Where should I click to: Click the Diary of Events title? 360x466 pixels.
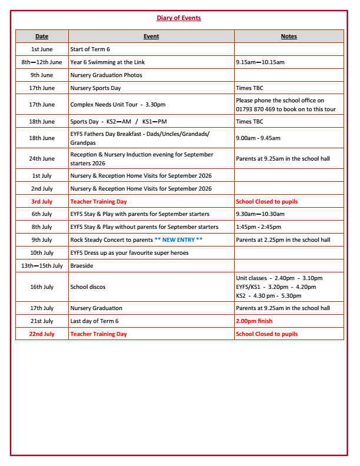pyautogui.click(x=179, y=18)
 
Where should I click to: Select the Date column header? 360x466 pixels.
pyautogui.click(x=42, y=36)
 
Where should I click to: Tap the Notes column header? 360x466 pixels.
pyautogui.click(x=289, y=36)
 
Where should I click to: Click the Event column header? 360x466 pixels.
pyautogui.click(x=151, y=36)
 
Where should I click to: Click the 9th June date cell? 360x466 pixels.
pyautogui.click(x=42, y=75)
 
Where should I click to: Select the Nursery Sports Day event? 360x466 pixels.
pyautogui.click(x=95, y=88)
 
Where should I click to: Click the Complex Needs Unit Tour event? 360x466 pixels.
pyautogui.click(x=118, y=105)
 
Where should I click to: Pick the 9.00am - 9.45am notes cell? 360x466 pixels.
pyautogui.click(x=258, y=138)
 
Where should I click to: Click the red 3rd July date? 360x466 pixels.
pyautogui.click(x=42, y=202)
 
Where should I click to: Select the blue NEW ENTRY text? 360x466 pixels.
pyautogui.click(x=178, y=240)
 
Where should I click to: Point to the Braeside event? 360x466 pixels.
pyautogui.click(x=82, y=266)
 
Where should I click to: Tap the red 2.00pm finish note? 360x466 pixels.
pyautogui.click(x=254, y=321)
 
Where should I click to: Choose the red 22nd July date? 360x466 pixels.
pyautogui.click(x=42, y=334)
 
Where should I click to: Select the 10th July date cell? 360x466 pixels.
pyautogui.click(x=42, y=253)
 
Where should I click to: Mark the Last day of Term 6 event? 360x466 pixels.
pyautogui.click(x=94, y=321)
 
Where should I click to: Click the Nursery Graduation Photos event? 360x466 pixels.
pyautogui.click(x=106, y=75)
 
